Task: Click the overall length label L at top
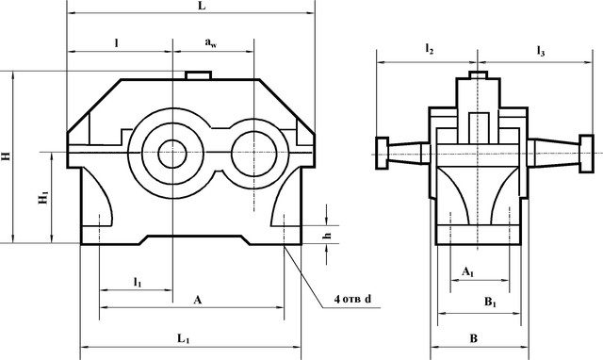click(x=202, y=6)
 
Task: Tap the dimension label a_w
click(x=211, y=42)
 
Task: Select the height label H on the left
click(x=7, y=156)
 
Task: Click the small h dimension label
click(x=327, y=235)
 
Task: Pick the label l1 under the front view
click(x=138, y=283)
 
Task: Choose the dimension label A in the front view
click(x=197, y=300)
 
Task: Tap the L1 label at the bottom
click(x=184, y=339)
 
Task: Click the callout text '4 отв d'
click(x=352, y=299)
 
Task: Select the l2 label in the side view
click(x=430, y=49)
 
